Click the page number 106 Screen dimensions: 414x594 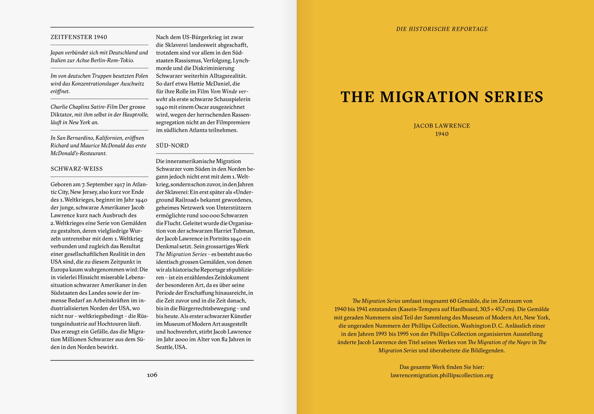coord(152,375)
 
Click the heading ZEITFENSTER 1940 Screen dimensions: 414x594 coord(79,37)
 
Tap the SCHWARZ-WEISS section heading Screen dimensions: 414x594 coord(76,169)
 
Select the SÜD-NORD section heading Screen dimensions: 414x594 coord(172,145)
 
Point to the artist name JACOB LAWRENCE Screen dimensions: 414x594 coord(442,126)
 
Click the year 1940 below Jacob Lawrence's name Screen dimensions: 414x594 coord(442,134)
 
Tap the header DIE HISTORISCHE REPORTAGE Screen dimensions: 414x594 coord(442,29)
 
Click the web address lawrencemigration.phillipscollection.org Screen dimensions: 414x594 coord(442,375)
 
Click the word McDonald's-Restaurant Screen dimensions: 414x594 coord(78,153)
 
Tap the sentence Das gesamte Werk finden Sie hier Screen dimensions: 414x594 coord(442,367)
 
